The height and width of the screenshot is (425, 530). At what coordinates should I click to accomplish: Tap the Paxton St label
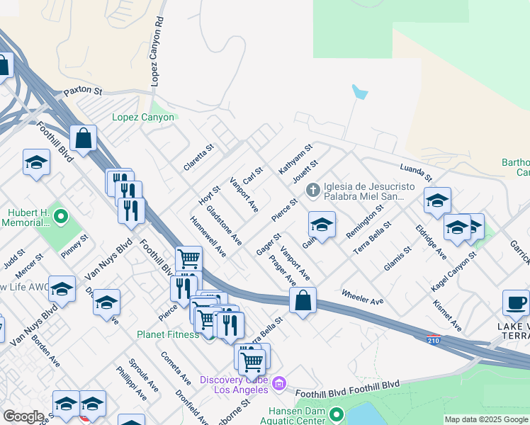[x=83, y=92]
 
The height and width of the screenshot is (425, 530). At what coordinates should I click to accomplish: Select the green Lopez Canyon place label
[x=143, y=117]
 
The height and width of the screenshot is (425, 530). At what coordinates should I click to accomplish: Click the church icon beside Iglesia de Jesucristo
[x=312, y=190]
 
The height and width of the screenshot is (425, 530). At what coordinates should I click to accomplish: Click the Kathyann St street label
[x=295, y=159]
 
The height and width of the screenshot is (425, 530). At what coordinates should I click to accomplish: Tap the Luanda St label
[x=416, y=172]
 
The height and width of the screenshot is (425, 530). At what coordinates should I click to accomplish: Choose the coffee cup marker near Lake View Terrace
[x=515, y=303]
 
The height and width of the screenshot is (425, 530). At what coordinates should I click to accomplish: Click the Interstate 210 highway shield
[x=434, y=341]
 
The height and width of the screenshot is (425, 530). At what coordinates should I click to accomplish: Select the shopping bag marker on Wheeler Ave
[x=303, y=300]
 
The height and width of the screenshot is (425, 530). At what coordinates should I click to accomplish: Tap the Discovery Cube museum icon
[x=279, y=384]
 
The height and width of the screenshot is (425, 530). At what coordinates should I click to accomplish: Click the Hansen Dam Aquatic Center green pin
[x=337, y=414]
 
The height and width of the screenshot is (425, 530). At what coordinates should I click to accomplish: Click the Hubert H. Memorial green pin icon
[x=60, y=215]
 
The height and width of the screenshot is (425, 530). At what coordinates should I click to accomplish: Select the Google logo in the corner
[x=23, y=416]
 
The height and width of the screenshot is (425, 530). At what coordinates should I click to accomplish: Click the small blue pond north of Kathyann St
[x=360, y=93]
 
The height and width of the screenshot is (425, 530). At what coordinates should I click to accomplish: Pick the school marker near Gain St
[x=322, y=225]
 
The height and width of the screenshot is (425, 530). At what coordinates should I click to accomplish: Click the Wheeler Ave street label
[x=362, y=297]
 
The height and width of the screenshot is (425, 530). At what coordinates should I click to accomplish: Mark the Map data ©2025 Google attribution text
[x=486, y=419]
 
